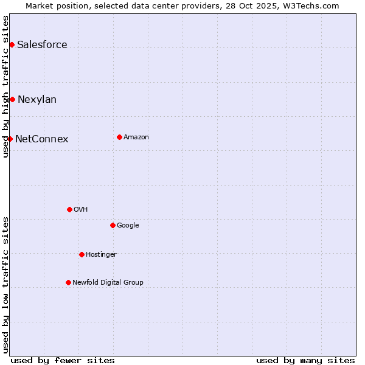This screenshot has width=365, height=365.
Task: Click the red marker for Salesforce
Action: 12,44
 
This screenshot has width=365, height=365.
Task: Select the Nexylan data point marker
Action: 12,99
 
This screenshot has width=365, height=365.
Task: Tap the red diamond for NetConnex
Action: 10,139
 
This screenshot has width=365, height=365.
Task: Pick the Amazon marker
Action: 119,137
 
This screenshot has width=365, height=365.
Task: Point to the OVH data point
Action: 69,209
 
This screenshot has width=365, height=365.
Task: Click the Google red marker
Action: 113,225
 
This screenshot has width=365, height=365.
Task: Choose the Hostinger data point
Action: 82,254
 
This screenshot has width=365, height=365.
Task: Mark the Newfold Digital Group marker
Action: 68,282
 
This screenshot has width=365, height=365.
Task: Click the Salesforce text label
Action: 42,44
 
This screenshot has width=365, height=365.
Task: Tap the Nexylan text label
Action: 37,99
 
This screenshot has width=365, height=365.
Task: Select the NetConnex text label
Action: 41,139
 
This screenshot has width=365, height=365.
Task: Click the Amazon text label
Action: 136,137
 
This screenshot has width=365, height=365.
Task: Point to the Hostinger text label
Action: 101,254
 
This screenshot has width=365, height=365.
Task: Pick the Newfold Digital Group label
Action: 108,282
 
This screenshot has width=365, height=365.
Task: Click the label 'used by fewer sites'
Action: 63,360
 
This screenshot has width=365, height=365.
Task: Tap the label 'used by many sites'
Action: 305,360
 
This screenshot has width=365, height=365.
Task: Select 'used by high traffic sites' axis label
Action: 5,86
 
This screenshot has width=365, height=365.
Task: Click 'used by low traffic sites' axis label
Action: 5,285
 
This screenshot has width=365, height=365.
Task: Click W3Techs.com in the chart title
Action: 314,5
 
